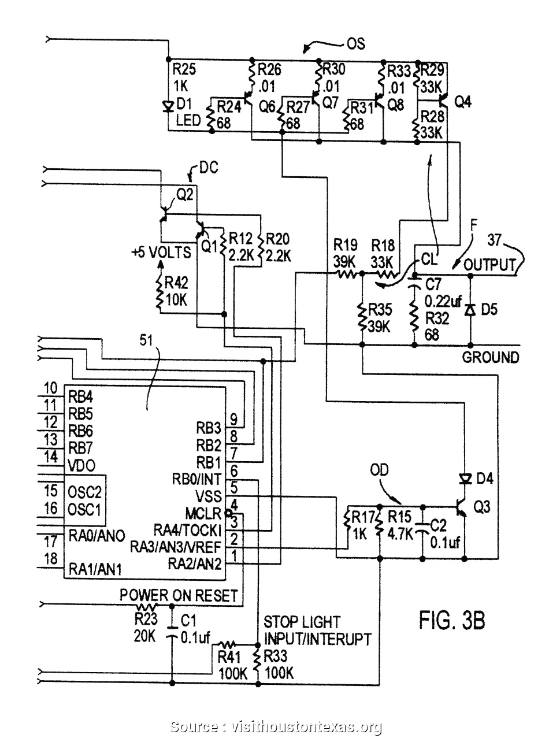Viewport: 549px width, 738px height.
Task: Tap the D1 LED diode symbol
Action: coord(168,106)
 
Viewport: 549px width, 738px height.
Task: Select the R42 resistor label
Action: coord(176,281)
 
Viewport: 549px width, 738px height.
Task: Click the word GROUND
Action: coord(490,357)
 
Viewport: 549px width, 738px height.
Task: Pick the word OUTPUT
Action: coord(489,265)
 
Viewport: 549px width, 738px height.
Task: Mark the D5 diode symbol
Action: coord(470,310)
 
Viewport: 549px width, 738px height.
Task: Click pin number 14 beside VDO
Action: coord(50,457)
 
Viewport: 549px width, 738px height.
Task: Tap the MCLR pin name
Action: coord(203,513)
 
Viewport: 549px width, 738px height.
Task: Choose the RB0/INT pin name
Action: coord(196,479)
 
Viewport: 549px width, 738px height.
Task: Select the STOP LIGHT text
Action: coord(302,622)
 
